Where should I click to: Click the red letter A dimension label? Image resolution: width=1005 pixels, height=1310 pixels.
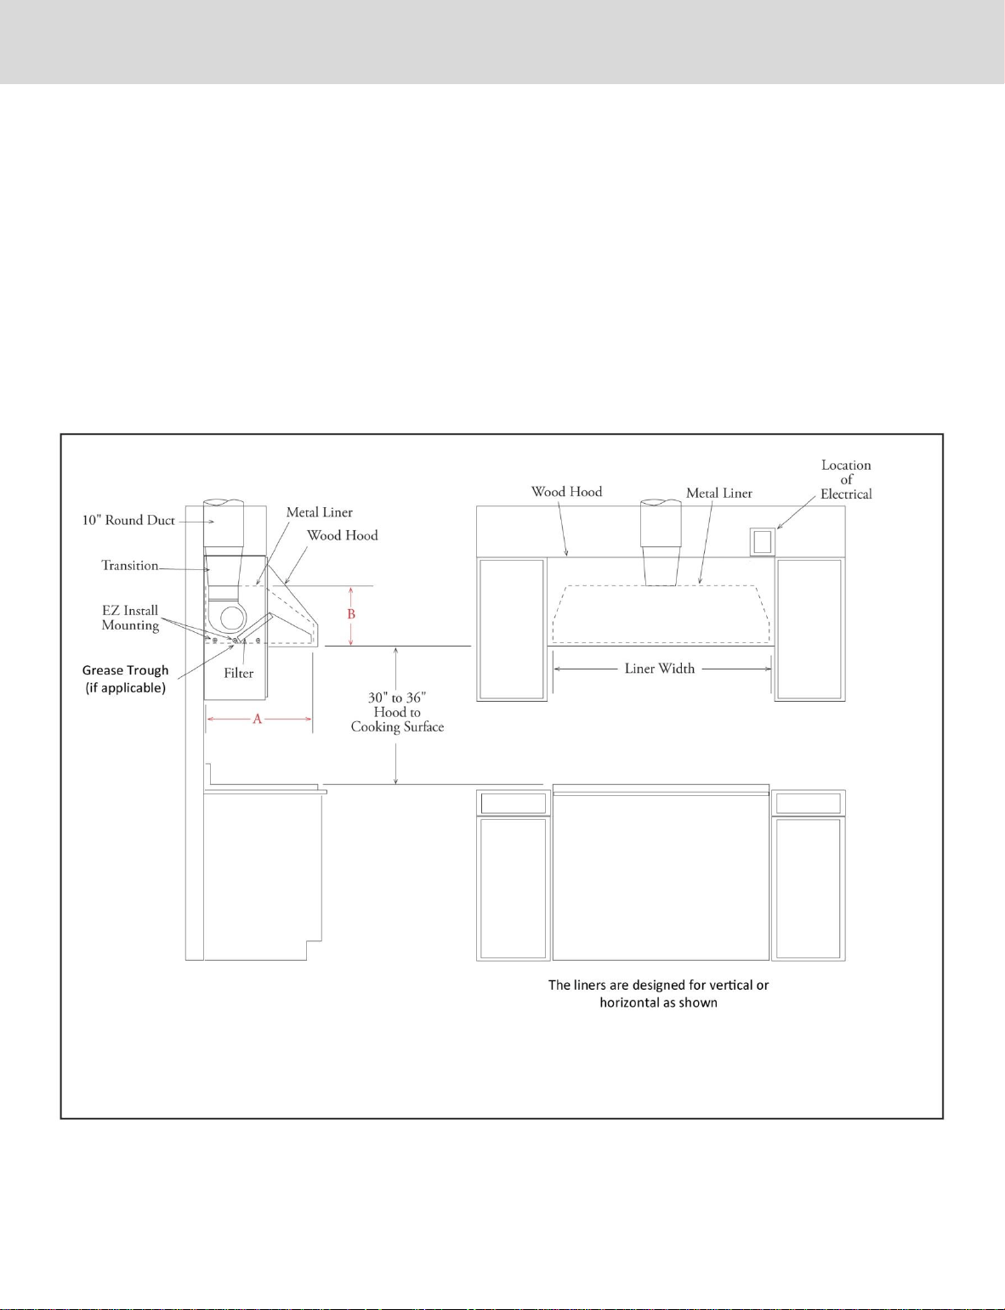pos(257,719)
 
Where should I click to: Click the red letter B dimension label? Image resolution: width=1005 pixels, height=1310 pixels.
pos(351,614)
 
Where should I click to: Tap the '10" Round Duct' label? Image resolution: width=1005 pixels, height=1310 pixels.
pos(128,520)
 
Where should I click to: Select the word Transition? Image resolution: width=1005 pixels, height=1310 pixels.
pos(130,566)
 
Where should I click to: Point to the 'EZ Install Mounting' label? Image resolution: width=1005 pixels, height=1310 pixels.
pos(130,618)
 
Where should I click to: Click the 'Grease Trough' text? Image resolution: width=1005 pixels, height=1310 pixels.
pos(126,670)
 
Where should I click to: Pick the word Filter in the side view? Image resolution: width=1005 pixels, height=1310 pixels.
pos(238,674)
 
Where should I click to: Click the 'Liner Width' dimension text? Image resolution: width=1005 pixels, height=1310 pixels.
pos(659,669)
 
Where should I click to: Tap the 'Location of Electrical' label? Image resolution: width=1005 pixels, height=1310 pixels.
pos(846,480)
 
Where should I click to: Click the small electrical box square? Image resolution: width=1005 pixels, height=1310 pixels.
pos(763,542)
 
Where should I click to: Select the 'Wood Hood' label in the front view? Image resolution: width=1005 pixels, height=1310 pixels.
pos(566,492)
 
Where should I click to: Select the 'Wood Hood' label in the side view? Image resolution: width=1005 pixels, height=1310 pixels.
pos(342,535)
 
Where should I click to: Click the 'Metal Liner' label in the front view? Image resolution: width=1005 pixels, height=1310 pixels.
pos(719,493)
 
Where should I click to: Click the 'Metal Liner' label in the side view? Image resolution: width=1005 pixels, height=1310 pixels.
pos(319,512)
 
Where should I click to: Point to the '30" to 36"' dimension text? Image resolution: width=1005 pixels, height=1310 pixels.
pos(397,698)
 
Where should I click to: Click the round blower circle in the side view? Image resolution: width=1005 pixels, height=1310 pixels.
pos(233,618)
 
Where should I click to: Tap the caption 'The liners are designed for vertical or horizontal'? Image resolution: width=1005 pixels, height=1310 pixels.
pos(658,993)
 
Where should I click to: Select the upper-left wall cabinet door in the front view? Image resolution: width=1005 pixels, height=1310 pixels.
pos(512,630)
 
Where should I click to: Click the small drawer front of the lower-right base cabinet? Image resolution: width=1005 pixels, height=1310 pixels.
pos(809,803)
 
